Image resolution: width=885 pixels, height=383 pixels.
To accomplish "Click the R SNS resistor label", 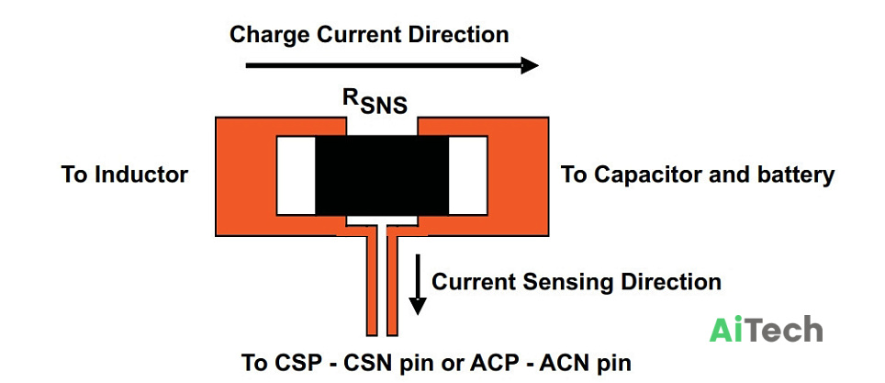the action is [x=375, y=102].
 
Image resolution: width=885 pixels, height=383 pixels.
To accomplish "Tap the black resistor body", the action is [x=382, y=175].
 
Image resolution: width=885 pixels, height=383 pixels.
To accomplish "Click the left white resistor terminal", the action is [x=296, y=175].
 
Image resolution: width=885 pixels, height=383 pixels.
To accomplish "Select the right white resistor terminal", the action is [x=468, y=175].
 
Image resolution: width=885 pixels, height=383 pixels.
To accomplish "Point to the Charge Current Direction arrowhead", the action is [x=530, y=65].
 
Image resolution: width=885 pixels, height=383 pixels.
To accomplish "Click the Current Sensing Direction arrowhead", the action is [x=418, y=306].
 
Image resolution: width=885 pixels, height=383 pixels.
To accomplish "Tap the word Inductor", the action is [x=141, y=175].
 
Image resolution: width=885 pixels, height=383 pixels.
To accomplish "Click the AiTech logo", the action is [x=766, y=329].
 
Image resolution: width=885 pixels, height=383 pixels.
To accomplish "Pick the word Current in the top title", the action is [x=359, y=35].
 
